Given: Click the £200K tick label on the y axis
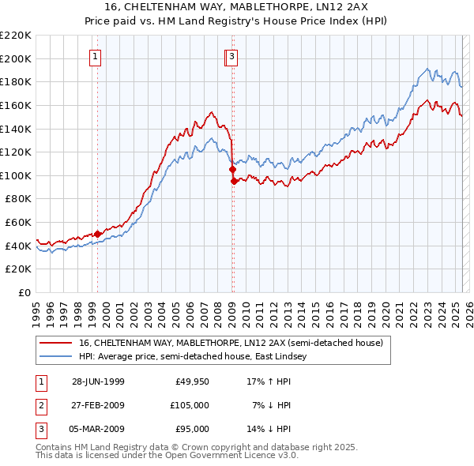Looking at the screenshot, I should point(17,58).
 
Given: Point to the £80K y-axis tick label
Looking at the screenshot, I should point(19,199).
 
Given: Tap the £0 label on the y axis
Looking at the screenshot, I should point(24,293).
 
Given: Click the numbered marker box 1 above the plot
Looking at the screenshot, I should point(96,56).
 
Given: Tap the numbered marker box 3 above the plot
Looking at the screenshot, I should point(231,56).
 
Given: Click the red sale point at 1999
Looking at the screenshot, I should point(98,234).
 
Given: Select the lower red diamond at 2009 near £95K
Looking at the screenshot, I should point(234,181).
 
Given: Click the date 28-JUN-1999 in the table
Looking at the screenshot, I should point(98,381).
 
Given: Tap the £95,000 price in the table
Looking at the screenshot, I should point(190,429).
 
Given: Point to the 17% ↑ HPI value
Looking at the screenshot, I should point(269,381).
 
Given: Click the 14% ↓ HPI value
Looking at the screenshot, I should point(269,429).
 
